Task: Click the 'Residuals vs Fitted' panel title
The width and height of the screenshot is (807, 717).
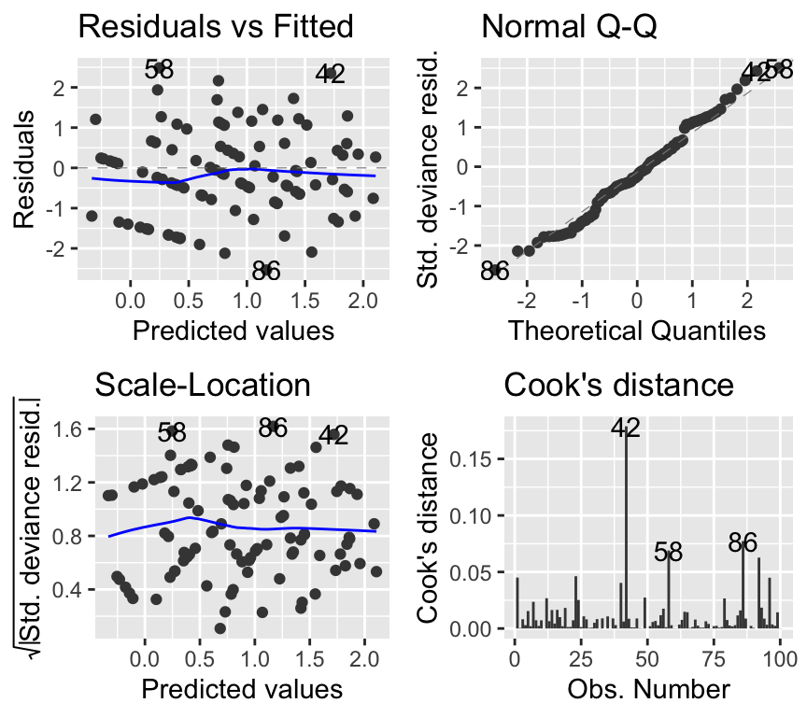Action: [x=216, y=26]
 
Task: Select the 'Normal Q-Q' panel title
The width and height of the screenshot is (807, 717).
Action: [x=569, y=26]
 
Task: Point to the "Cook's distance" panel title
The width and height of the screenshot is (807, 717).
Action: [x=619, y=385]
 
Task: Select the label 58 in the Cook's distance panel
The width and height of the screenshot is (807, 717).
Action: [x=668, y=552]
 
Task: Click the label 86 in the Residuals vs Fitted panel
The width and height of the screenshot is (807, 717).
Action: [x=267, y=271]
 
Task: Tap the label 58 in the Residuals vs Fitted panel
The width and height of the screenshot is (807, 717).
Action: [x=160, y=70]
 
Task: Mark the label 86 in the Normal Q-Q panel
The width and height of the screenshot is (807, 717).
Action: [x=495, y=272]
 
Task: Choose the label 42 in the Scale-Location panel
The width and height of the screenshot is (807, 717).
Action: [x=333, y=435]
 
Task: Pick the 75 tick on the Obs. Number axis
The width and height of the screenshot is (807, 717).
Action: [x=715, y=658]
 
